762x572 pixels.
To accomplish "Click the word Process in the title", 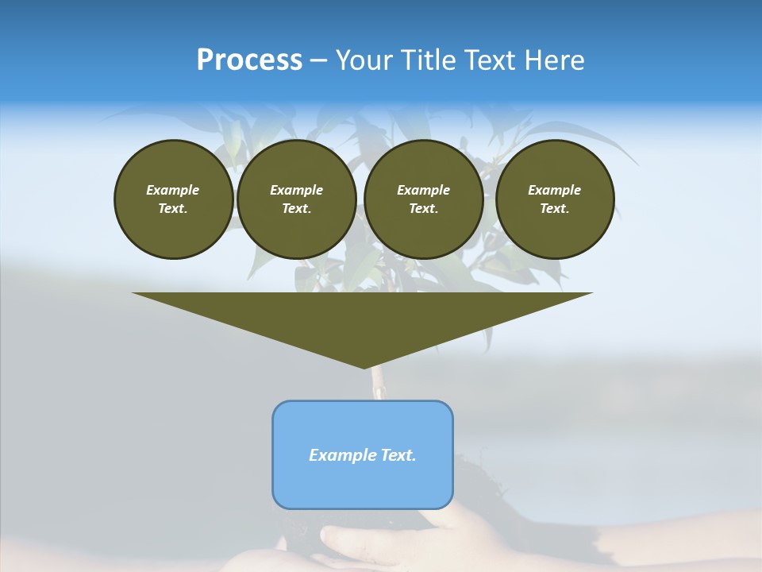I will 249,60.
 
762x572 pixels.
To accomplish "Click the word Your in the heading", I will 365,60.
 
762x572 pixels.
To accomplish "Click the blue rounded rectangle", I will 363,485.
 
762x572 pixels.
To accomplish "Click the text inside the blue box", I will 363,455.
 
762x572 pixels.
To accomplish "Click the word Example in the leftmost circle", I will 173,190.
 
